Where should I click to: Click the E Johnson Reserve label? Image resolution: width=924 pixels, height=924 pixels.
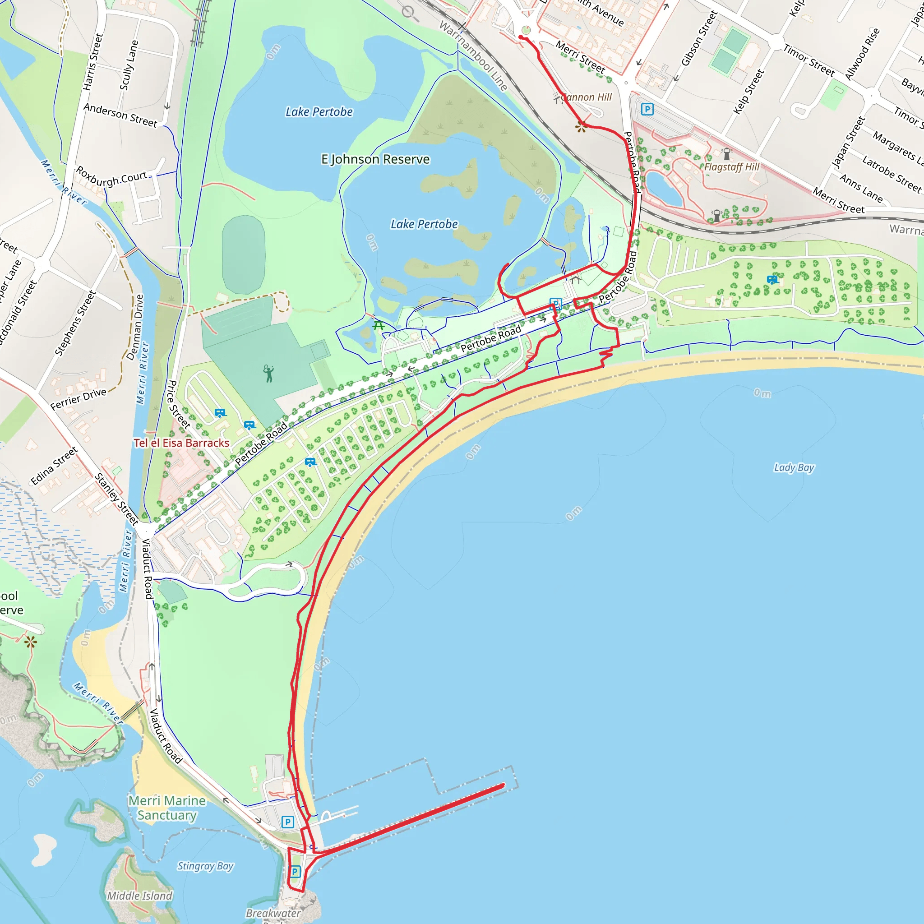375,159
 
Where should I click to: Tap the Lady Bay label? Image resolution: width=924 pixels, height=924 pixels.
794,467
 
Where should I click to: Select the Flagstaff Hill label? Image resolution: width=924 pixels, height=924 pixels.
732,167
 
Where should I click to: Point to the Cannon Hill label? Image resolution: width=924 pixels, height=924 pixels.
587,97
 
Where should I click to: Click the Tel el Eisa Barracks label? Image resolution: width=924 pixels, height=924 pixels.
182,443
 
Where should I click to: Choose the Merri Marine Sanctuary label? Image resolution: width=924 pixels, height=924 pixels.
167,808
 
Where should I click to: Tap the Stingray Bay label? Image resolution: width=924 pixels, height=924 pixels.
206,866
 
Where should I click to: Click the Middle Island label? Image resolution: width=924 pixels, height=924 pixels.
139,896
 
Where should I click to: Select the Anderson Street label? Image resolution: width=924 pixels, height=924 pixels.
120,115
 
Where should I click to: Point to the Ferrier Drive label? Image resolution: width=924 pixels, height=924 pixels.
79,399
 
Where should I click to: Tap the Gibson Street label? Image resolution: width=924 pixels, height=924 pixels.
699,38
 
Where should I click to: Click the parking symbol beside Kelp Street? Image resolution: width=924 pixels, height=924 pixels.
647,110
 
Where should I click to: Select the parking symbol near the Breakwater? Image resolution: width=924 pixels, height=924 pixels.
295,872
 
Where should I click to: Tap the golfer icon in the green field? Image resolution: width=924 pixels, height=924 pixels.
269,374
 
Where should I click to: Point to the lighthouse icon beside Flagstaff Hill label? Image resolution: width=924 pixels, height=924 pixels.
727,154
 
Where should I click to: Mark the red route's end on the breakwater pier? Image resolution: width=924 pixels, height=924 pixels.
503,785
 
